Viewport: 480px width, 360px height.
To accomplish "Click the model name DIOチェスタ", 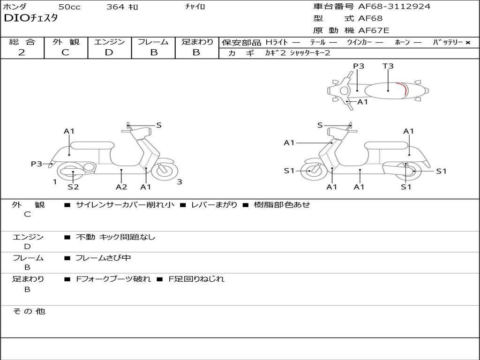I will (x=30, y=19).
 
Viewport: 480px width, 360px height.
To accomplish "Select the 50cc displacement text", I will (x=69, y=7).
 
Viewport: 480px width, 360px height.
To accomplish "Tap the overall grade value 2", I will (x=22, y=52).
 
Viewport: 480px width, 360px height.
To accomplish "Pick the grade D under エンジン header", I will (x=109, y=52).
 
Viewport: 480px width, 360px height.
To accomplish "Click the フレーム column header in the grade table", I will (x=153, y=42).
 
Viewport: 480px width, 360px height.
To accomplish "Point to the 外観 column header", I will (x=66, y=42).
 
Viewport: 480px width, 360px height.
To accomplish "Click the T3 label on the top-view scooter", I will (x=388, y=66).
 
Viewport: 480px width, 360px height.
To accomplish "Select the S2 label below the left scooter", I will (x=73, y=187).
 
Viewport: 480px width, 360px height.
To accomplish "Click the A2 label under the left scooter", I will (x=121, y=187).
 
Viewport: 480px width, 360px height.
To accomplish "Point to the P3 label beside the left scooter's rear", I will (x=37, y=164).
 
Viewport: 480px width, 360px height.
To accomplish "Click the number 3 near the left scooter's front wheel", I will (x=180, y=182).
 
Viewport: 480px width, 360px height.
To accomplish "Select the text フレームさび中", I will (x=103, y=258).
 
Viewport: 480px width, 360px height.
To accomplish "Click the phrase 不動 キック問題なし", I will (x=115, y=237).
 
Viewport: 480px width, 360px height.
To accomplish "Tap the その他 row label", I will (x=29, y=311).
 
